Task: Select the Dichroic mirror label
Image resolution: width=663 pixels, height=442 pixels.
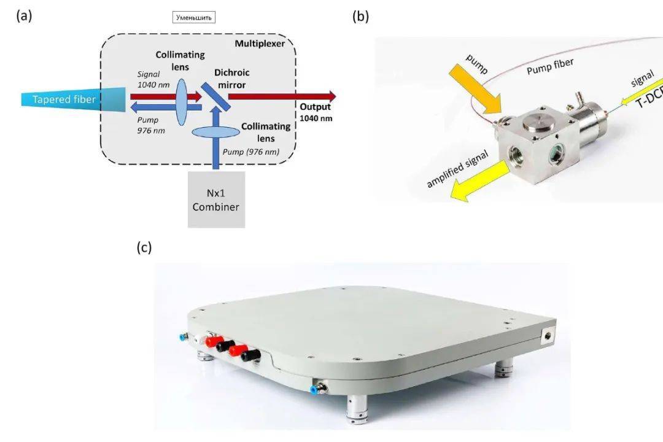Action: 232,78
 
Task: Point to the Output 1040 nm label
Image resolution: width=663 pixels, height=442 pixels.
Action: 316,112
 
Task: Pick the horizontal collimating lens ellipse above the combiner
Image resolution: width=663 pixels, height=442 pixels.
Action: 216,131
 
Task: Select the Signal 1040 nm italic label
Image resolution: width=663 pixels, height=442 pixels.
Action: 151,79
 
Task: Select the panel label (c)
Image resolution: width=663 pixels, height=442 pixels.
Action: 144,247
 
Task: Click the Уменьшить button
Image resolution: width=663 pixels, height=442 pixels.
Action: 194,17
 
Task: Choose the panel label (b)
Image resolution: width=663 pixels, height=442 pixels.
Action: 360,17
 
